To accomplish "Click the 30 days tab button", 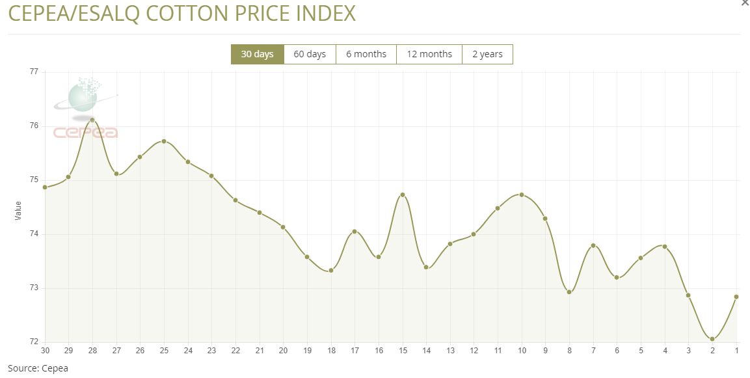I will click(257, 54).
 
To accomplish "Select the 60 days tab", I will click(310, 54).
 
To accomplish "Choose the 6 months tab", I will click(366, 54).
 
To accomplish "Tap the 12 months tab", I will click(429, 54).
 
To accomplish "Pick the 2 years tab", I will click(487, 54).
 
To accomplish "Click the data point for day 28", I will click(92, 120).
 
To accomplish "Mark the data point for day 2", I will click(712, 339).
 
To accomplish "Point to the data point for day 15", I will click(403, 195).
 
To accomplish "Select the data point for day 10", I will click(522, 195).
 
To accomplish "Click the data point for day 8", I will click(569, 292).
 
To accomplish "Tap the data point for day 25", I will click(164, 141).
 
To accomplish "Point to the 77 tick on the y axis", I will click(34, 72).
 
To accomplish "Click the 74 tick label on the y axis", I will click(34, 234).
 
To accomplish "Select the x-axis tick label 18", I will click(330, 351).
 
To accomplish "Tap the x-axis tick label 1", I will click(736, 351).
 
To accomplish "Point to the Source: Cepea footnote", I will click(38, 368).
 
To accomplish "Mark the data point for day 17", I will click(355, 232).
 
